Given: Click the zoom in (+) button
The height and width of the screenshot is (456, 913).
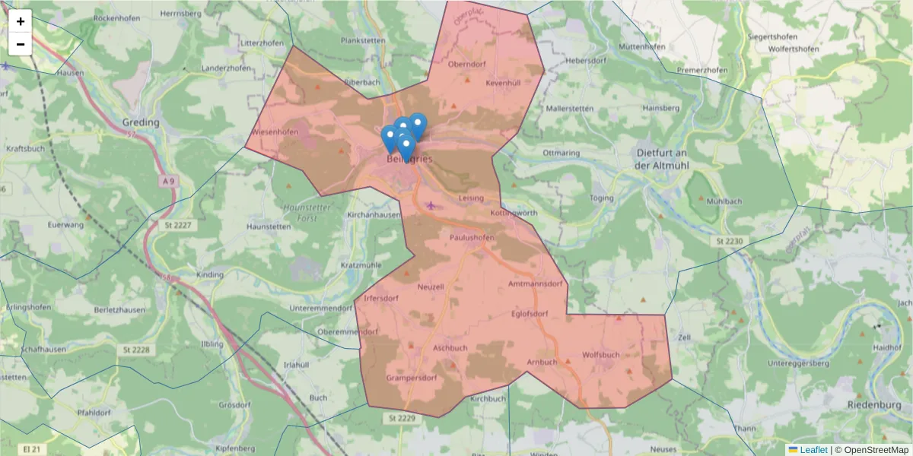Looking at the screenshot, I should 21,21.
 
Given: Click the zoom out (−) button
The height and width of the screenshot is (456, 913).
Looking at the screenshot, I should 21,44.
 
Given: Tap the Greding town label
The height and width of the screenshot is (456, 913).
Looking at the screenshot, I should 142,122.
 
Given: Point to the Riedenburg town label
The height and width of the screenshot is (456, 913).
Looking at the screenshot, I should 873,405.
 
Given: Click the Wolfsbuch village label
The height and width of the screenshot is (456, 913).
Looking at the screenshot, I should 600,355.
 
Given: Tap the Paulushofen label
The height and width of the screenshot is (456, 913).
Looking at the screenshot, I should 472,237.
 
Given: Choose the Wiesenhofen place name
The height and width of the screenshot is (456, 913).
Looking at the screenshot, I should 275,131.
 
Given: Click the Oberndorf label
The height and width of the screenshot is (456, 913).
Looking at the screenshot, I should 466,65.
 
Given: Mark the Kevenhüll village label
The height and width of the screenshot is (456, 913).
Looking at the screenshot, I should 503,82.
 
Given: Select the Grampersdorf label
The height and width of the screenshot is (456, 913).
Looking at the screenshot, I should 411,378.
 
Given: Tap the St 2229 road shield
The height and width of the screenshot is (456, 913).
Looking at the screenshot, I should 401,418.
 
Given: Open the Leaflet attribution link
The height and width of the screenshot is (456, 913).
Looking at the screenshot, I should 813,450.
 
